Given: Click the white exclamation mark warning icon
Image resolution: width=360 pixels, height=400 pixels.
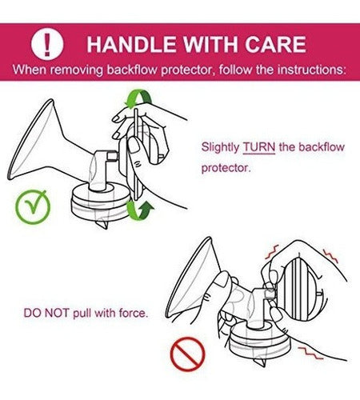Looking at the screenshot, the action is [x=47, y=44].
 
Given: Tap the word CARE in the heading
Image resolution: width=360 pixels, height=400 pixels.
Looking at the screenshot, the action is [x=275, y=44].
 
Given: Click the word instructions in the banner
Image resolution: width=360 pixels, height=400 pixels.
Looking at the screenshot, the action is [x=311, y=70].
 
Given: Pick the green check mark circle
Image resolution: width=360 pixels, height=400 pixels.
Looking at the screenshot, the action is [x=33, y=207].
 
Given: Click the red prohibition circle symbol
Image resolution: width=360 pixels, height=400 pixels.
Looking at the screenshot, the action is [x=187, y=354].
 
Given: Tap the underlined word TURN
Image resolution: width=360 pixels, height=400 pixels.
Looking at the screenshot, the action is [x=259, y=147].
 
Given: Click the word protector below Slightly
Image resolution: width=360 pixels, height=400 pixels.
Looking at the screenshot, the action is [x=226, y=168].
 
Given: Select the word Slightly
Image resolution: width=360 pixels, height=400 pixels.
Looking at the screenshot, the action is [x=220, y=147].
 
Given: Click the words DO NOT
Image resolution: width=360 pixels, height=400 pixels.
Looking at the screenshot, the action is [x=46, y=313].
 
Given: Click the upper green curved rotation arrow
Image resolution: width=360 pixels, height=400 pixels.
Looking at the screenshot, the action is [x=138, y=98].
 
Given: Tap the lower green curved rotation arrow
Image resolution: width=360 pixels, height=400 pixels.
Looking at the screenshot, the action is [x=138, y=213].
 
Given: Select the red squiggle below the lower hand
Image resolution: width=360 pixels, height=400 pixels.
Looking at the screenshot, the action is [x=310, y=352].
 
